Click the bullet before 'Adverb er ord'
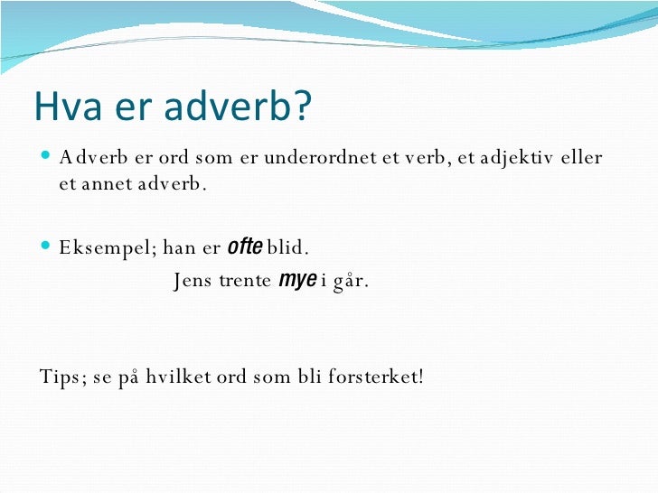point(47,158)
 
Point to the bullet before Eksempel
point(47,246)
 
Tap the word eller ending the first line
point(580,158)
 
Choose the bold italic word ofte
point(244,246)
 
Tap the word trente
point(245,281)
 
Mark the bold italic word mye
point(296,280)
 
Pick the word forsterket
point(371,375)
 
